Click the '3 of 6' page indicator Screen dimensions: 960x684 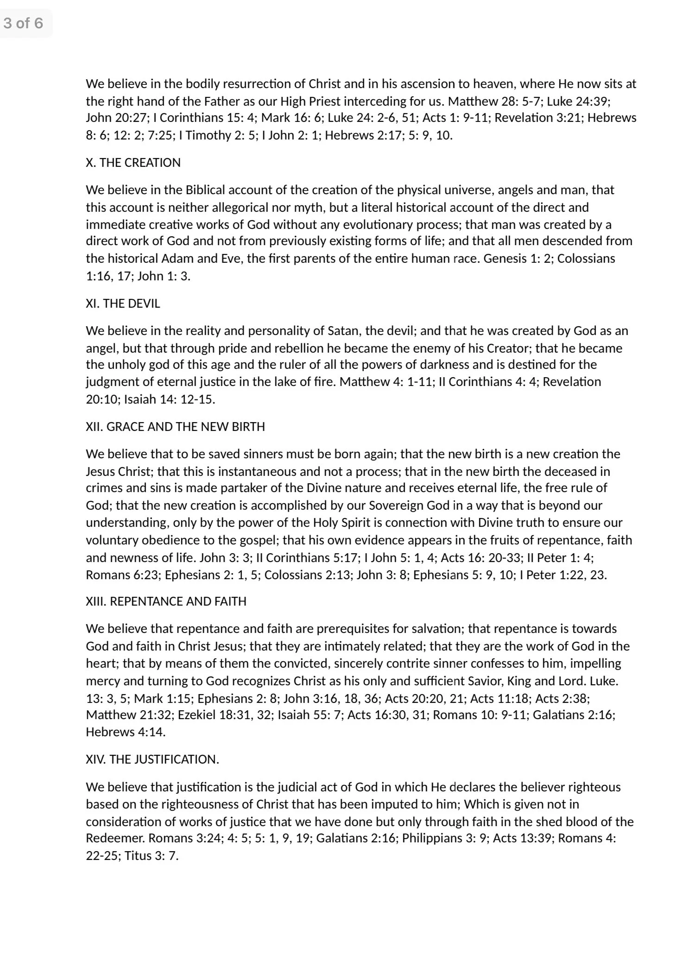[x=24, y=23]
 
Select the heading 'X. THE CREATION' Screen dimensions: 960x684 [x=133, y=163]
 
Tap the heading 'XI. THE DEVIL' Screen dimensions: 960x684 [x=123, y=303]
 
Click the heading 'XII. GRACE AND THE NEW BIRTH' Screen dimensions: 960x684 [x=175, y=426]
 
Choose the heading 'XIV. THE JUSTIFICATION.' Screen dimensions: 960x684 [x=152, y=759]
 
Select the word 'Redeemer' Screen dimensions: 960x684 [x=114, y=838]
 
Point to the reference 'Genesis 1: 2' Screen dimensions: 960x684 [x=516, y=258]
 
